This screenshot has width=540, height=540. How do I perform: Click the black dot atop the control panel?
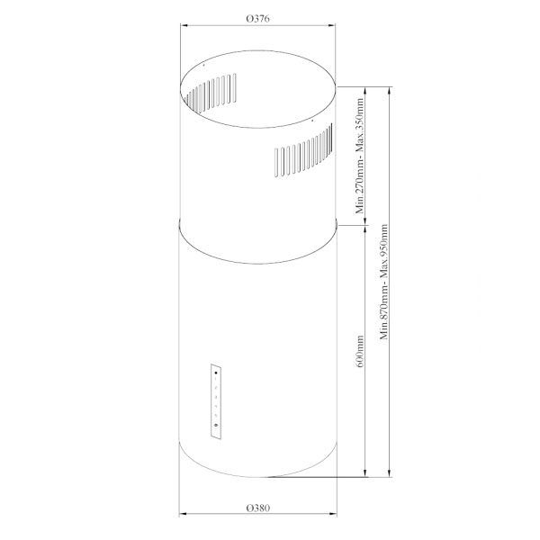click(x=216, y=371)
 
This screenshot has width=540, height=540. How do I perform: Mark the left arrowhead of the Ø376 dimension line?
click(x=184, y=25)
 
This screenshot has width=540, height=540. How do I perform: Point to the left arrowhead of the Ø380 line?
click(x=182, y=516)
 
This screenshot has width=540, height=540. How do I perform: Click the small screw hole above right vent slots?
click(x=310, y=119)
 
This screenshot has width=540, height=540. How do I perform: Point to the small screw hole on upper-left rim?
click(x=204, y=66)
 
